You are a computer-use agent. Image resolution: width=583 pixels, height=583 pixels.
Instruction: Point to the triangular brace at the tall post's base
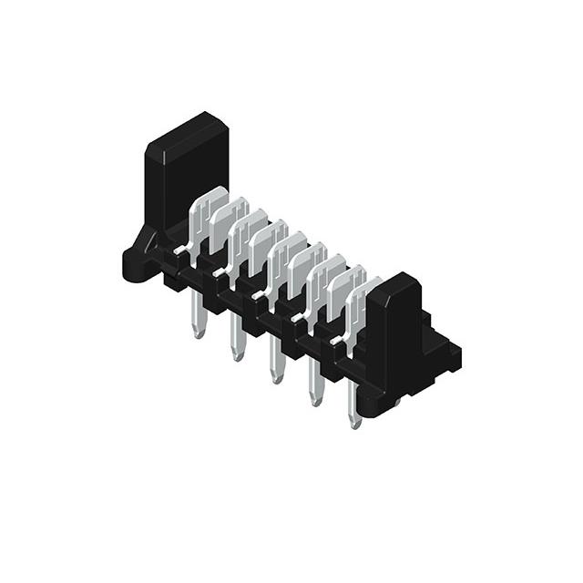[146, 239]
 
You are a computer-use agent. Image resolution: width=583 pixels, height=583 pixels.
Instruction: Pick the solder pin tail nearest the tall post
[198, 319]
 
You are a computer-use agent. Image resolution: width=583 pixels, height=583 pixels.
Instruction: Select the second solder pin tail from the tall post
[237, 339]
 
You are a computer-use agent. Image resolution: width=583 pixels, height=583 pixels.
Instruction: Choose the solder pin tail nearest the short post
[354, 404]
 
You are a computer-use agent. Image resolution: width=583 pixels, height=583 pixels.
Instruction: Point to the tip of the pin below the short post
[355, 424]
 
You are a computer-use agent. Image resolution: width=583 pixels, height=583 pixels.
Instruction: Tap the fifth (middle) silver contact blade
[286, 255]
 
